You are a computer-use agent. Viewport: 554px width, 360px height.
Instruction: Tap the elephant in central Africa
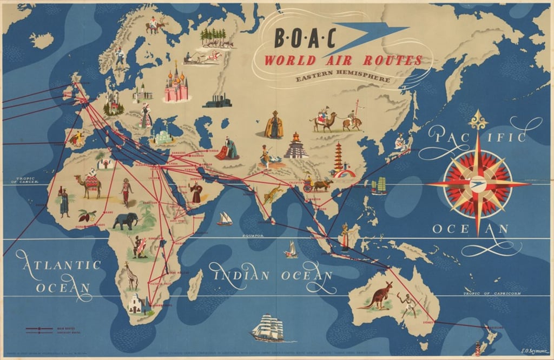tap(126, 221)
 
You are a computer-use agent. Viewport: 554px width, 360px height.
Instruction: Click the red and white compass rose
tap(477, 183)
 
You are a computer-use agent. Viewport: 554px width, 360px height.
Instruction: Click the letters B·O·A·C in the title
tap(305, 38)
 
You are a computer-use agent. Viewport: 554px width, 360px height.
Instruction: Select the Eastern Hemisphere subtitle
tap(342, 79)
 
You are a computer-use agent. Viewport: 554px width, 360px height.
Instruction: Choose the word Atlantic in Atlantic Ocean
tap(58, 264)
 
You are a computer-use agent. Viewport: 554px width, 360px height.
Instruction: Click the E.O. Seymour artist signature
tap(533, 350)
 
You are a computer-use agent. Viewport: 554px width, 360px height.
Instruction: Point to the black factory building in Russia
tap(217, 101)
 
